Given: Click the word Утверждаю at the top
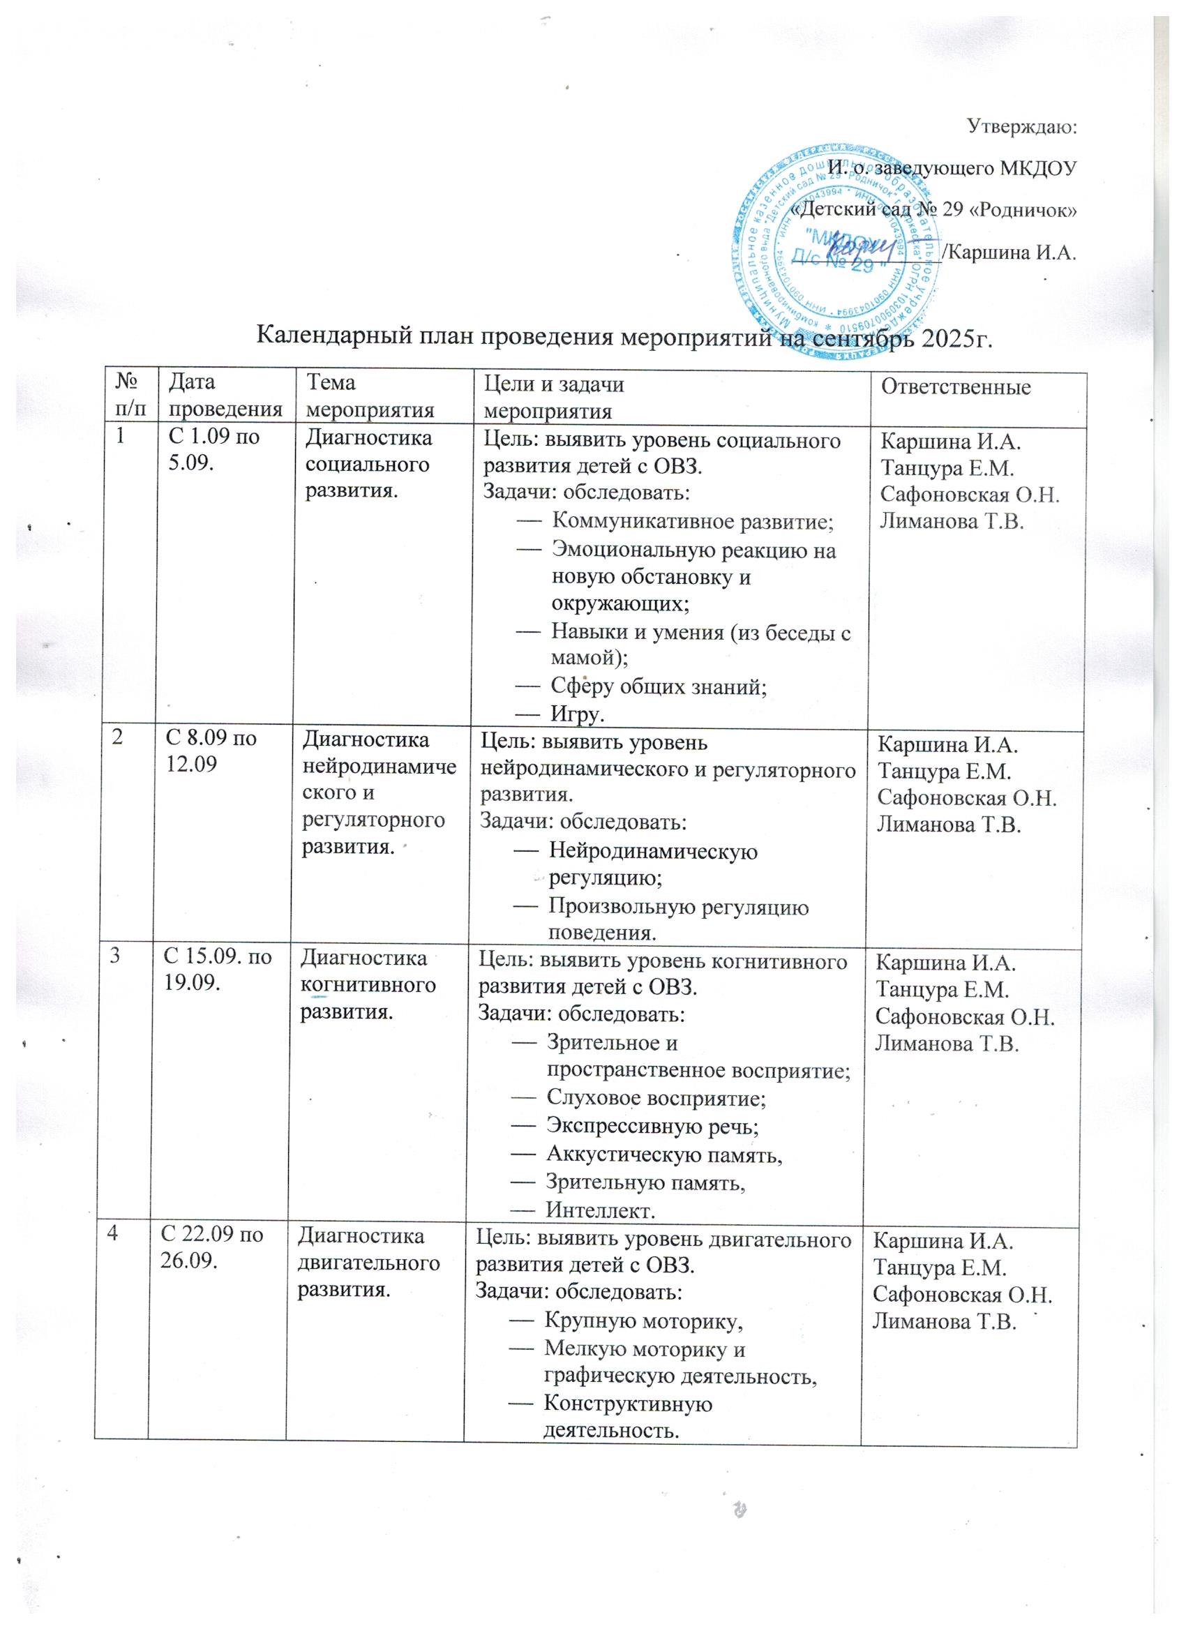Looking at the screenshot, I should click(1021, 128).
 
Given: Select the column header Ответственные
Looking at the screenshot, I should click(956, 388).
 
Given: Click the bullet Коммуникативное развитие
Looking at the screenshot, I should click(691, 522).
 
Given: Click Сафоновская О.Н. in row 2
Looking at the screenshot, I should click(966, 799).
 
